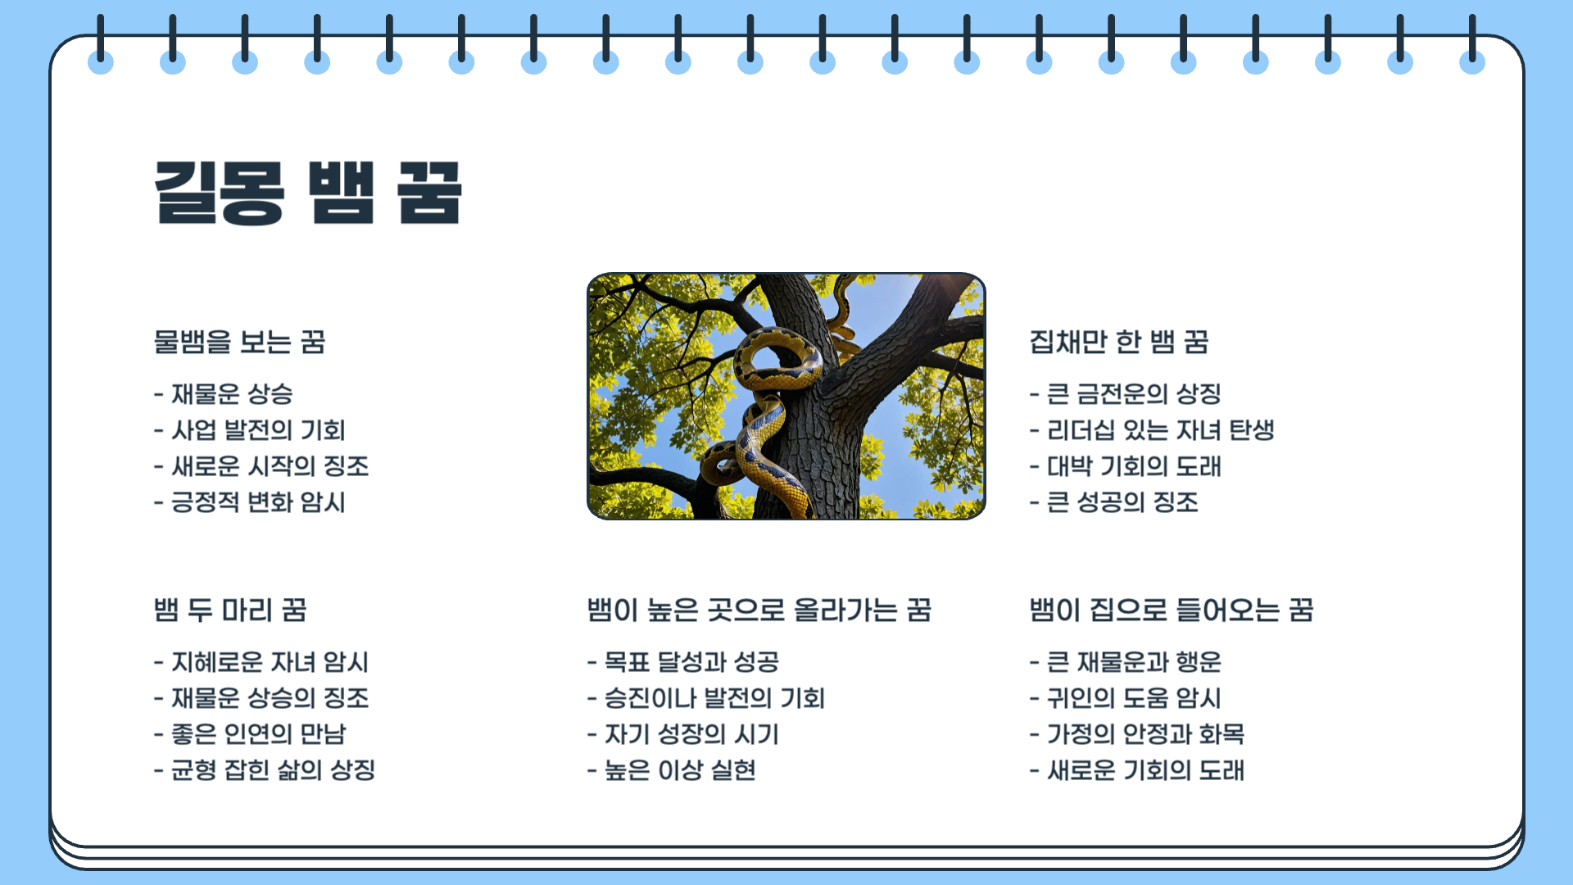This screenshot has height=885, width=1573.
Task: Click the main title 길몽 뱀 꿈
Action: pyautogui.click(x=308, y=193)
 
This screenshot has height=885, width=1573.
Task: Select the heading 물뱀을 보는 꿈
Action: pyautogui.click(x=239, y=342)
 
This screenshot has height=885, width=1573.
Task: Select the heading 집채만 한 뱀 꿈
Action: pyautogui.click(x=1118, y=342)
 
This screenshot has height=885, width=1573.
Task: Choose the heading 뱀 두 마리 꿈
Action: pyautogui.click(x=230, y=610)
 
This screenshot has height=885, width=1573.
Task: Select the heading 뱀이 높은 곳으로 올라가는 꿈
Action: pyautogui.click(x=759, y=610)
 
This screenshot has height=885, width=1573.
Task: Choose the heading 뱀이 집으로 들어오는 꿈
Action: pyautogui.click(x=1171, y=610)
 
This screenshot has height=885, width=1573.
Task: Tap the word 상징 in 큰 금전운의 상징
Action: pyautogui.click(x=1199, y=394)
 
